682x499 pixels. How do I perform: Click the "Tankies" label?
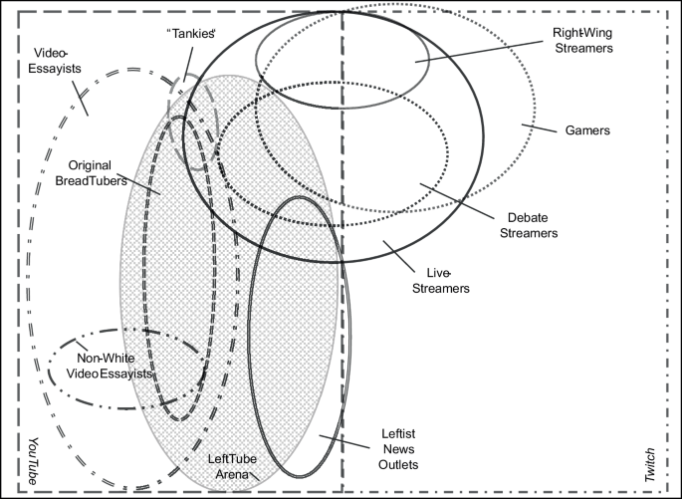pyautogui.click(x=191, y=34)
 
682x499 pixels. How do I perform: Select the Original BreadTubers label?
pyautogui.click(x=98, y=173)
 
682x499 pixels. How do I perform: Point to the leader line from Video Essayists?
pyautogui.click(x=83, y=96)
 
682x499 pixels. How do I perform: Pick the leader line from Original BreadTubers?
pyautogui.click(x=144, y=183)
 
